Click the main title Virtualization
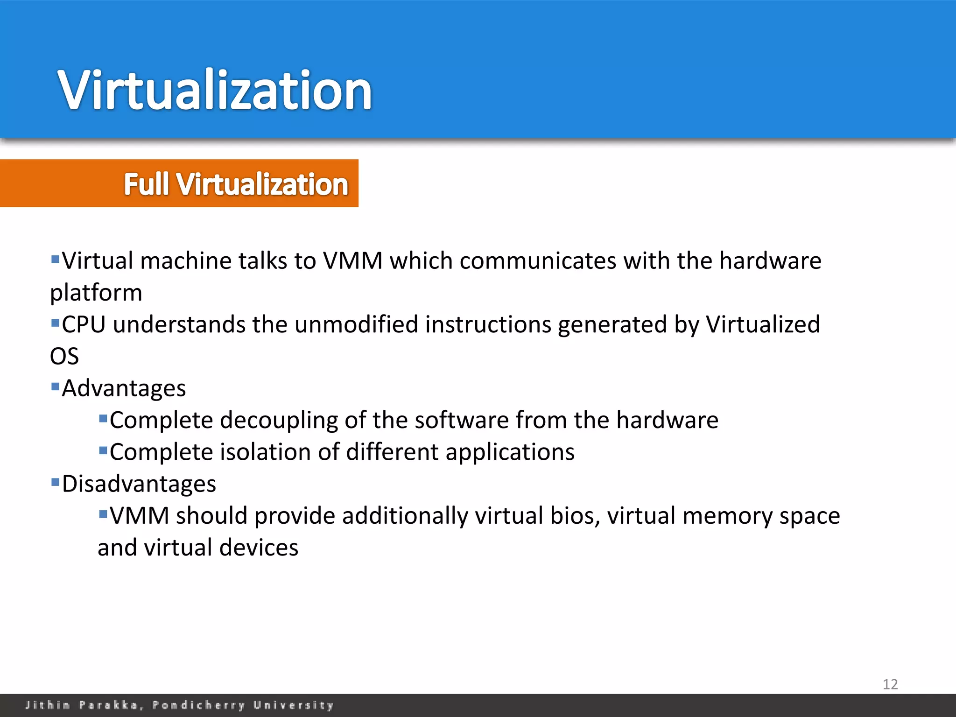pyautogui.click(x=215, y=90)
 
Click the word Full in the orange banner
pyautogui.click(x=146, y=184)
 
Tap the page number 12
pyautogui.click(x=890, y=684)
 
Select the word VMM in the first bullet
pyautogui.click(x=353, y=261)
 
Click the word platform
pyautogui.click(x=96, y=293)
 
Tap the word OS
pyautogui.click(x=64, y=357)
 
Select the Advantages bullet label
pyautogui.click(x=124, y=388)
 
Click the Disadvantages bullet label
pyautogui.click(x=139, y=484)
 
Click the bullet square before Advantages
pyautogui.click(x=56, y=386)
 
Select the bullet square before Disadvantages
pyautogui.click(x=56, y=481)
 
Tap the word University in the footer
pyautogui.click(x=294, y=705)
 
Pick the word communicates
pyautogui.click(x=538, y=261)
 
